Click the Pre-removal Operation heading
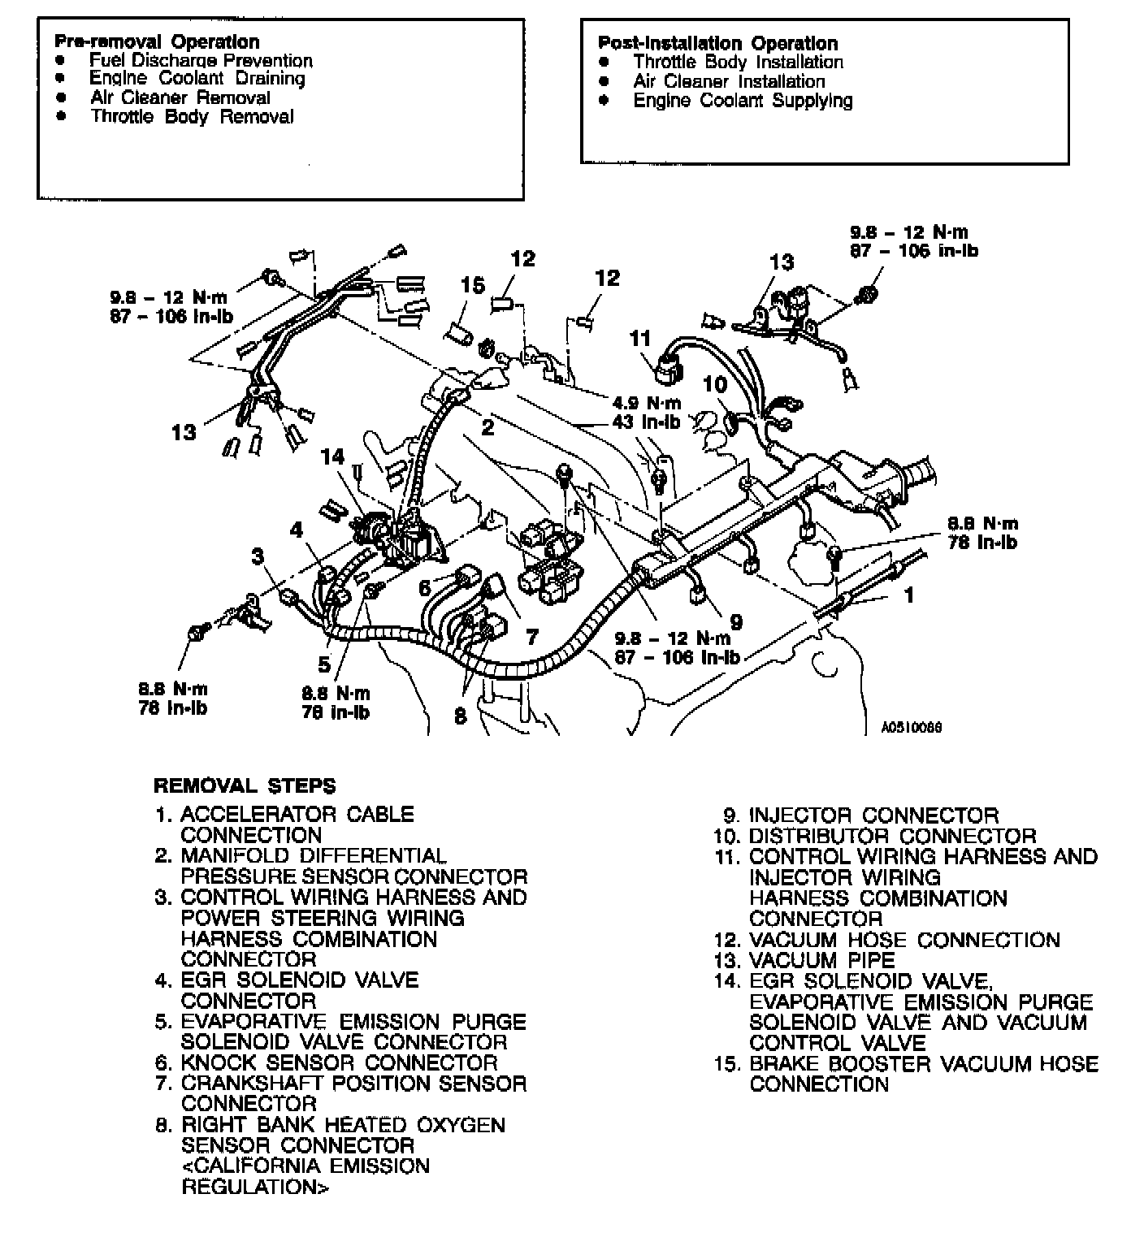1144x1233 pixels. [x=157, y=41]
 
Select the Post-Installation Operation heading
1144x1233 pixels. [x=717, y=43]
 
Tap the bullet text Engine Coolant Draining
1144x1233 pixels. [x=197, y=79]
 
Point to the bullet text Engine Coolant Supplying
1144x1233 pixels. [x=743, y=101]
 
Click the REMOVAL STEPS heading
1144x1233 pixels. [x=245, y=786]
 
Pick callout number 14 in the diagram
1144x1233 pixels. [x=333, y=456]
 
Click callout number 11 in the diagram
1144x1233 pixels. [x=641, y=338]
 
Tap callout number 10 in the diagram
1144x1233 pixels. [x=715, y=384]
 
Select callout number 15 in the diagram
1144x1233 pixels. [x=473, y=286]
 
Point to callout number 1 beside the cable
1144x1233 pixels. [x=909, y=595]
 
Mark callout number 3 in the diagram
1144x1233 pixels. [x=258, y=556]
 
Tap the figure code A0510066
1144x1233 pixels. [x=911, y=728]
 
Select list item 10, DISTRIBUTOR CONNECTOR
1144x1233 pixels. [x=891, y=836]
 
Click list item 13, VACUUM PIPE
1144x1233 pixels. [x=821, y=961]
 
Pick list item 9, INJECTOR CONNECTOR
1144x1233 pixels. [x=873, y=816]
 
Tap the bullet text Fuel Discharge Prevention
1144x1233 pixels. [x=200, y=61]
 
